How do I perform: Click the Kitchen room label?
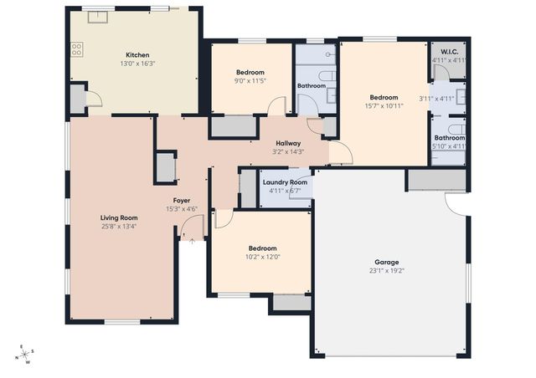pos(137,55)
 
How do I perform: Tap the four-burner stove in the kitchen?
pos(77,49)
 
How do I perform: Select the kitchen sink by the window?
pos(99,15)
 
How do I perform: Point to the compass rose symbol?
pos(25,355)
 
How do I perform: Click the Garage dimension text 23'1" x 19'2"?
pos(386,270)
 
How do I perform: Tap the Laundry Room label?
pos(285,182)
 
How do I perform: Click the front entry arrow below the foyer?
pos(192,241)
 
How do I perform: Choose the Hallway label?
pos(287,143)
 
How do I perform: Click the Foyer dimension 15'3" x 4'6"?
pos(181,209)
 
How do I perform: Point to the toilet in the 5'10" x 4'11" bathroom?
pos(455,128)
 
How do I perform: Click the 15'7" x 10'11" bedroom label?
pos(384,97)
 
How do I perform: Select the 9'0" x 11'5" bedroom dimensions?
pos(250,81)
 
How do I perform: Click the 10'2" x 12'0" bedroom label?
pos(262,248)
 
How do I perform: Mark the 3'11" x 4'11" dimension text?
pos(435,99)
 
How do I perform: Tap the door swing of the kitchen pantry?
pos(94,100)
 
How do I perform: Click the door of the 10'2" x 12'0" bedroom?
pos(222,219)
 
